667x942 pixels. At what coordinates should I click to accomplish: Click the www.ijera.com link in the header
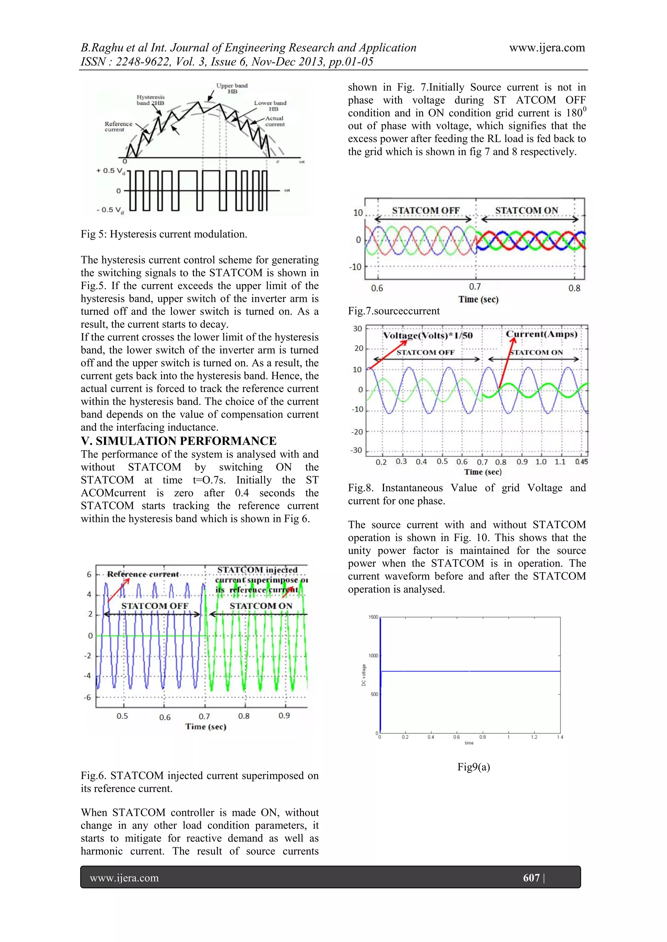click(x=547, y=48)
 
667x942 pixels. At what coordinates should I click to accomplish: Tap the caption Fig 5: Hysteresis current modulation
click(x=164, y=234)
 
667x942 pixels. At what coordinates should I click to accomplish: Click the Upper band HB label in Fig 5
click(x=232, y=88)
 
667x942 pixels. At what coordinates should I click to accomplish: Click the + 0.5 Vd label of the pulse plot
click(x=110, y=171)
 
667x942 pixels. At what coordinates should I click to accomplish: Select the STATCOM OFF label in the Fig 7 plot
click(x=425, y=210)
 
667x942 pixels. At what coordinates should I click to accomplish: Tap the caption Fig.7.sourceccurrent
click(x=393, y=311)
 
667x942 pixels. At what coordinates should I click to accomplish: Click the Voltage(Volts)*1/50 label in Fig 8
click(x=428, y=336)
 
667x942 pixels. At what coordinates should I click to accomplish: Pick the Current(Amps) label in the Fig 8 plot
click(x=541, y=334)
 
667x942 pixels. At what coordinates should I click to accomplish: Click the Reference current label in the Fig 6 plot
click(x=143, y=574)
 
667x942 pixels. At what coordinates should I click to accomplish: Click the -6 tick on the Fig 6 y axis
click(x=88, y=697)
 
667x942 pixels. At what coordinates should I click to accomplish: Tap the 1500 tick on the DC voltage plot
click(x=373, y=617)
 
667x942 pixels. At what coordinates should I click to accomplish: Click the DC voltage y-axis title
click(x=363, y=675)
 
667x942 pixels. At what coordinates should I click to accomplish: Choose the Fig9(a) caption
click(x=474, y=767)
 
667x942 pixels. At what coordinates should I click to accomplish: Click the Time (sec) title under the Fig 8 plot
click(x=483, y=472)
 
